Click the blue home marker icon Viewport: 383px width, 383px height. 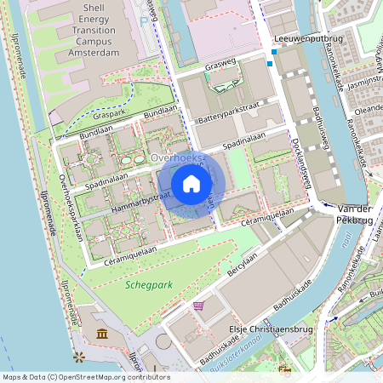(191, 183)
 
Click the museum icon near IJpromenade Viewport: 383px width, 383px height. (102, 334)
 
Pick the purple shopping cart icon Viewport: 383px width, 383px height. (198, 305)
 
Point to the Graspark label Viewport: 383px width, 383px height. (110, 116)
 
